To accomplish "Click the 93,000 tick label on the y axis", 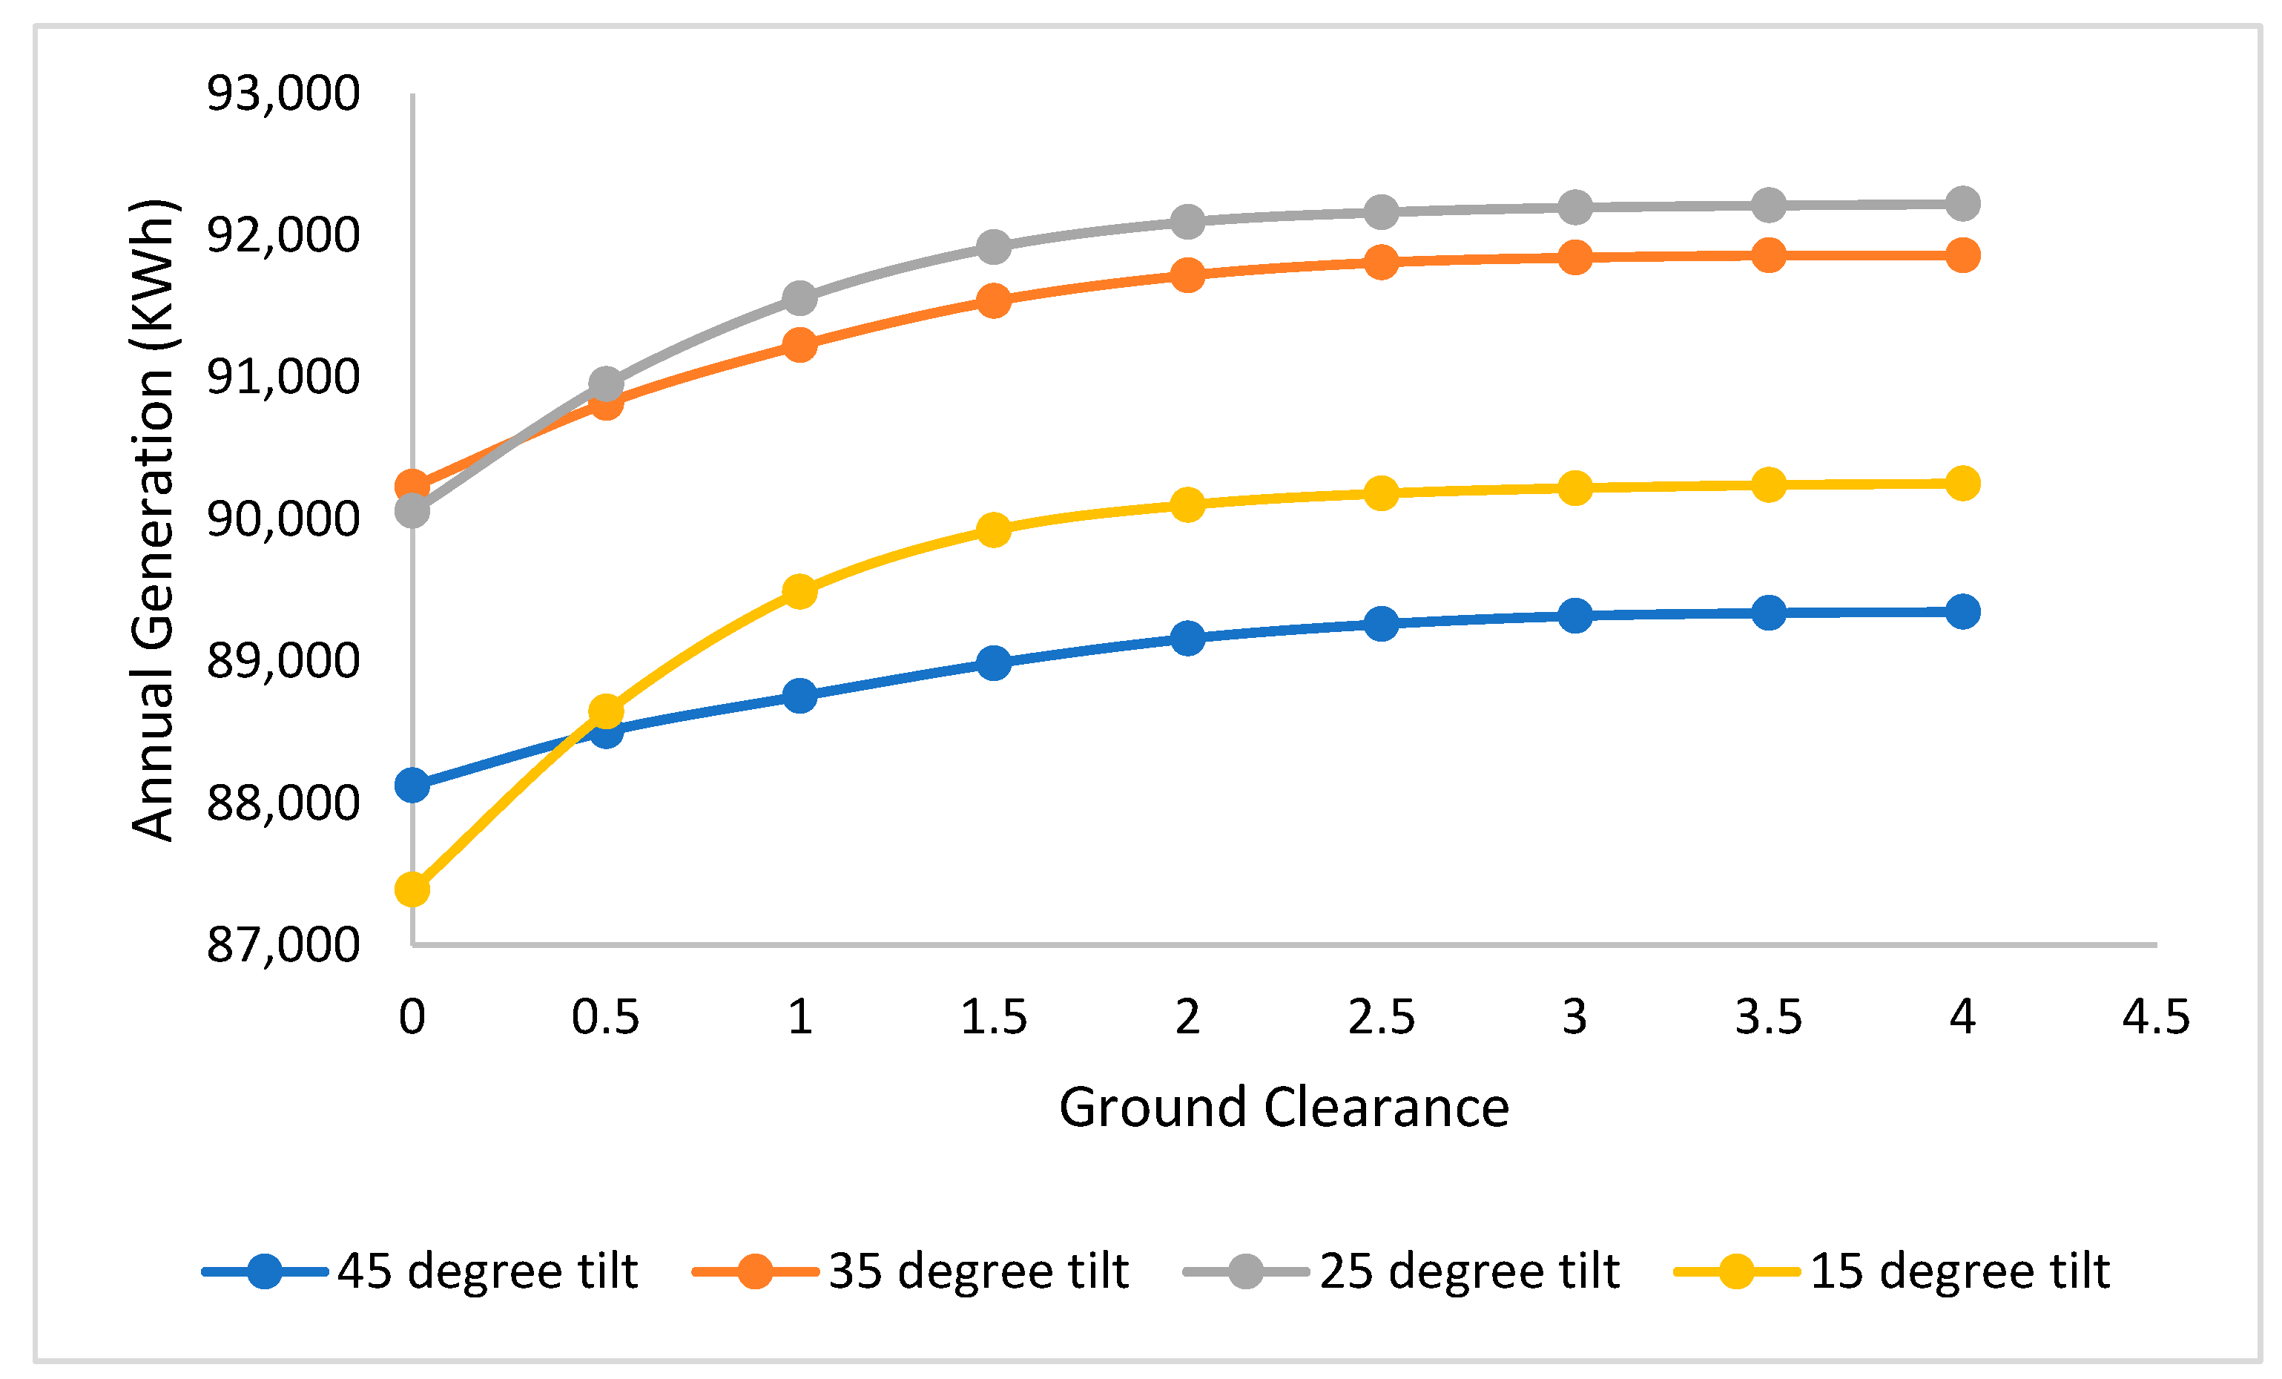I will pos(283,93).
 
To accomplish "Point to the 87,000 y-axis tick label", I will pos(283,946).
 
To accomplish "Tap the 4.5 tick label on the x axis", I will pos(2156,1018).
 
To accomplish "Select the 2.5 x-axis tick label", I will pos(1381,1018).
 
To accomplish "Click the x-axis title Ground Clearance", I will pos(1284,1108).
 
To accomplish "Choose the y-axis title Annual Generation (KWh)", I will pos(153,519).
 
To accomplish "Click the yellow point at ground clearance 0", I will pos(412,890).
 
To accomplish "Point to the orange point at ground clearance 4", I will pos(1962,254).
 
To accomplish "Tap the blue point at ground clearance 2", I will pos(1187,638).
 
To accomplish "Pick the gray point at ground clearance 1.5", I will pos(994,246).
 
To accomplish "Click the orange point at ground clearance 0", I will pos(412,485).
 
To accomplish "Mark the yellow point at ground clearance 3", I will pos(1574,488).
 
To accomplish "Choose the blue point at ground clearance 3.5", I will pos(1769,613).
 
